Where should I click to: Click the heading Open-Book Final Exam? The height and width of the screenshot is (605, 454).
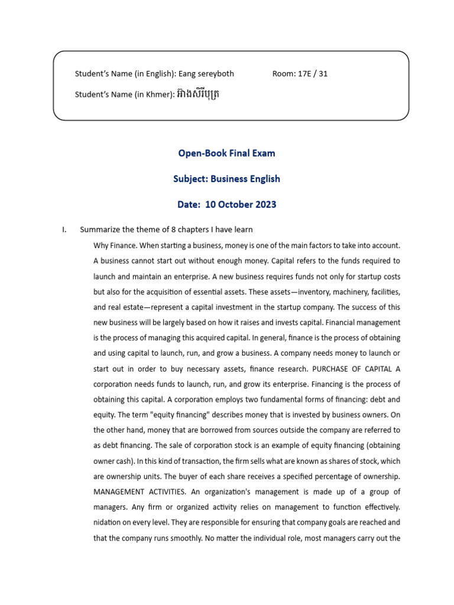tap(226, 154)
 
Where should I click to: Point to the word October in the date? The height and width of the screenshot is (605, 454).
tap(234, 205)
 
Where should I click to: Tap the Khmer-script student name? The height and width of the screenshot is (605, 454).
tap(198, 94)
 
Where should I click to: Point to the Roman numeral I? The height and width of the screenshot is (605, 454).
tap(64, 230)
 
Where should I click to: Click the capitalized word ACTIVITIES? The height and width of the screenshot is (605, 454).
tap(169, 492)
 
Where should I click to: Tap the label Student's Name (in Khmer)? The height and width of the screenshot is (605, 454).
tap(124, 95)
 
